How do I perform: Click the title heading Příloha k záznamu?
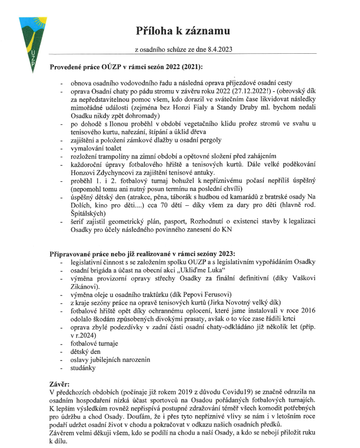[183, 31]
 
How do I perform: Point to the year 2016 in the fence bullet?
[307, 311]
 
